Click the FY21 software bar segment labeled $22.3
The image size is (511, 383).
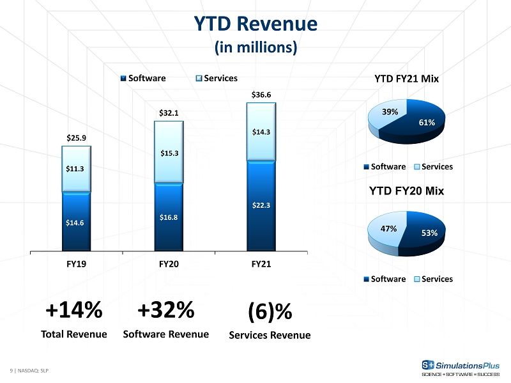click(x=261, y=205)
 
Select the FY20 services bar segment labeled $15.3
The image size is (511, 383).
click(x=169, y=152)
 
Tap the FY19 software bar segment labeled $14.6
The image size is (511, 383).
click(x=76, y=222)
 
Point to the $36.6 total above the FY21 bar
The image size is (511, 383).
click(x=261, y=95)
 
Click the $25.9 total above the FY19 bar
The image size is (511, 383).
click(x=76, y=138)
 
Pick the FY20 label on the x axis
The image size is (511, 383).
click(x=169, y=264)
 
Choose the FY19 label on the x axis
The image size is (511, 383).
click(x=76, y=264)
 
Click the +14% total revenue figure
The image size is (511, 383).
click(x=74, y=309)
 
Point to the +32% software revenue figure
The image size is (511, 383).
click(x=166, y=309)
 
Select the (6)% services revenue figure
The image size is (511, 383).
click(x=270, y=311)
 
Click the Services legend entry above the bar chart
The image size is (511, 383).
click(x=217, y=78)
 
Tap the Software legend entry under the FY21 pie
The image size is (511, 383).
click(x=385, y=167)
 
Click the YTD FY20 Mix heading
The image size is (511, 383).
click(x=406, y=191)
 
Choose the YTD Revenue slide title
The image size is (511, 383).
click(x=256, y=24)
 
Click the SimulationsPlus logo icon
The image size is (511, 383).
click(x=428, y=364)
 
